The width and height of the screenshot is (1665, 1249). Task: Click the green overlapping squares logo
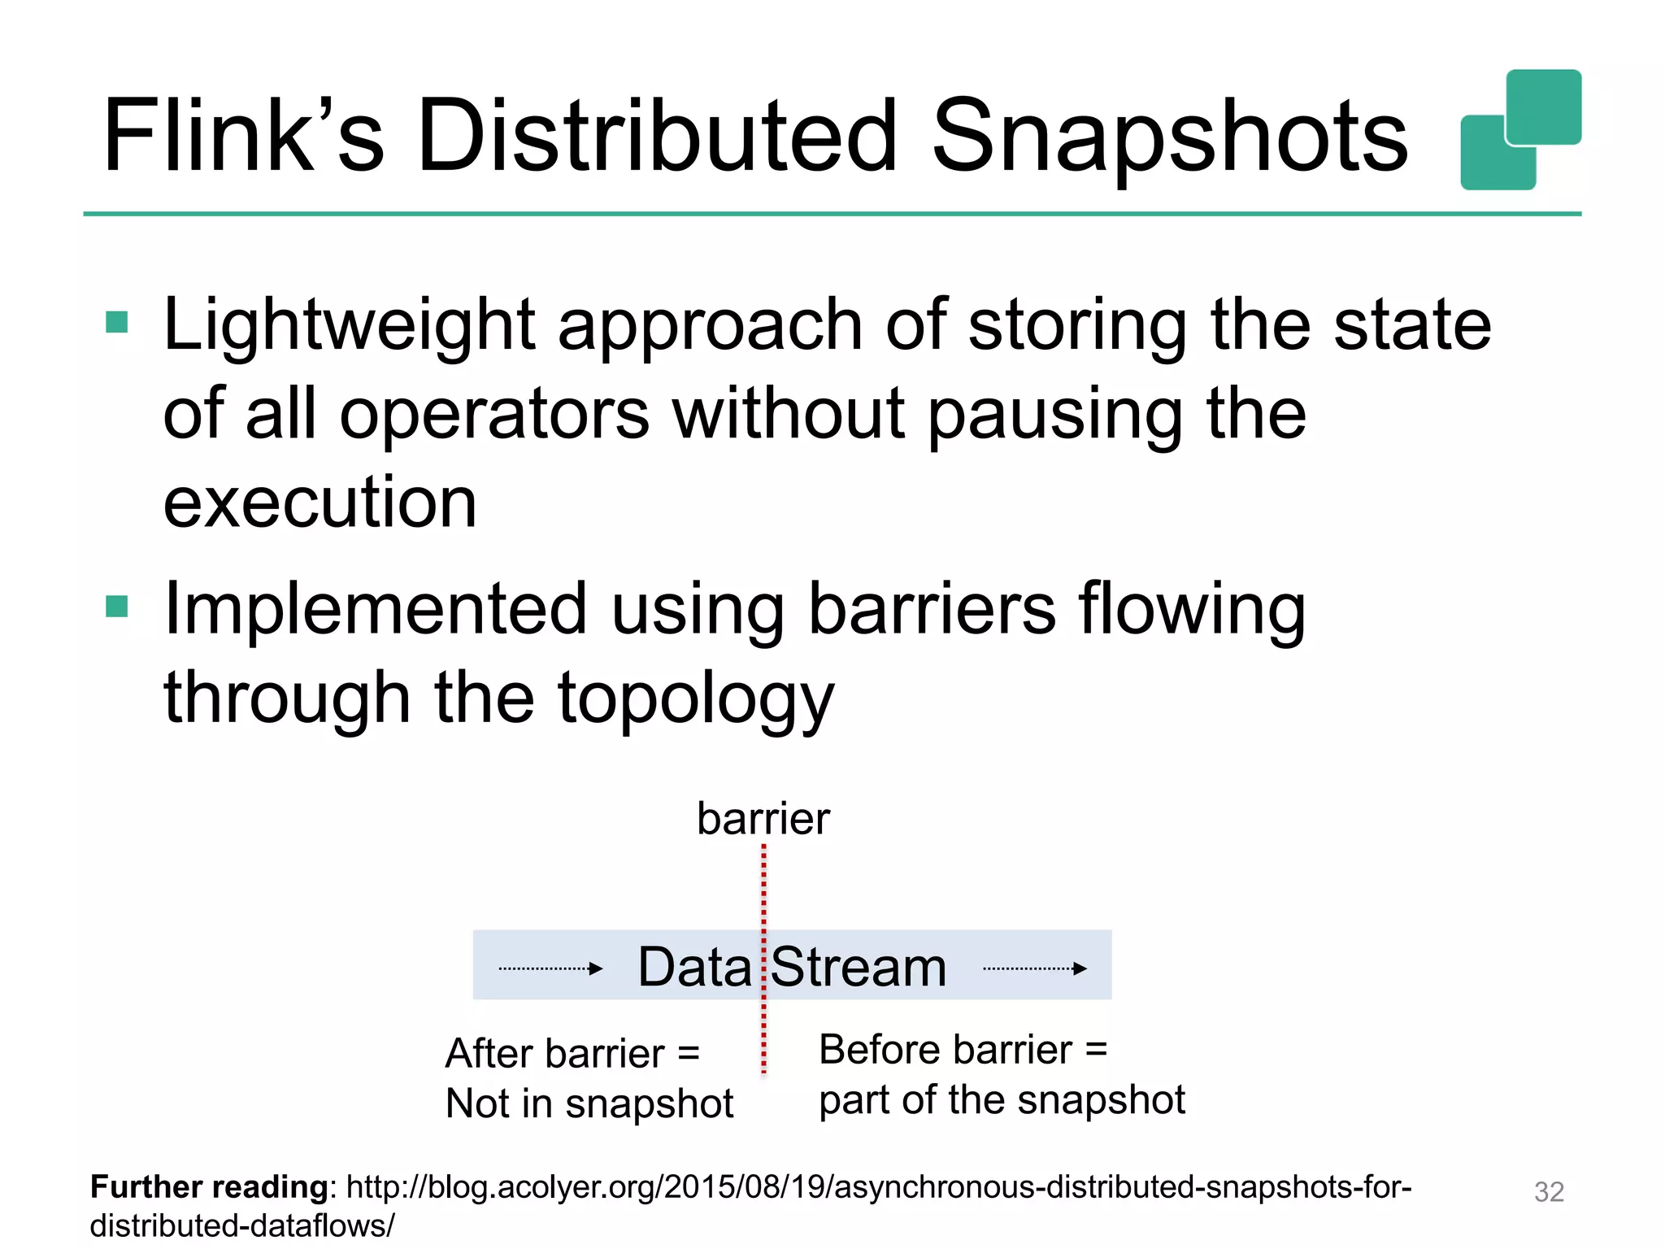1520,130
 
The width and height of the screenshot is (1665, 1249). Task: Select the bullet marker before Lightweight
117,323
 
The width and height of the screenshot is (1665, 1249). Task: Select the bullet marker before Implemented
117,607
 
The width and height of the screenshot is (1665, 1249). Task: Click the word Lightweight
350,325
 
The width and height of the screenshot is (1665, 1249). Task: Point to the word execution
320,503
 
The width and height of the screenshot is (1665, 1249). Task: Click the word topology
695,698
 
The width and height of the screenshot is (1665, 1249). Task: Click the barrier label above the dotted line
763,818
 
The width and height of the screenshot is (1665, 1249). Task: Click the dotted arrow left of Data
550,968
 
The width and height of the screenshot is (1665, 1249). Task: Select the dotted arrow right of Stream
1034,968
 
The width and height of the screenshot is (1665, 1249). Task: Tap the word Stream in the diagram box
859,967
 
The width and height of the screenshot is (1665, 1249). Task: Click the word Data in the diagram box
694,967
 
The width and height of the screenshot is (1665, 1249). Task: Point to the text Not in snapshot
589,1103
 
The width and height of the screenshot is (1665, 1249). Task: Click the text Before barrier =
963,1049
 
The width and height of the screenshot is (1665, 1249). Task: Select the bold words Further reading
209,1186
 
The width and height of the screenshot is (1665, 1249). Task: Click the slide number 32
1548,1191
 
